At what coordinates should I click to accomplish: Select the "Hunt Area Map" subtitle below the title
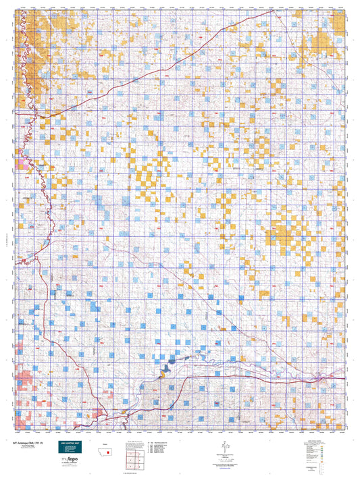pyautogui.click(x=25, y=446)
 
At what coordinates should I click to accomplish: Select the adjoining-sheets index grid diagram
pyautogui.click(x=132, y=461)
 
